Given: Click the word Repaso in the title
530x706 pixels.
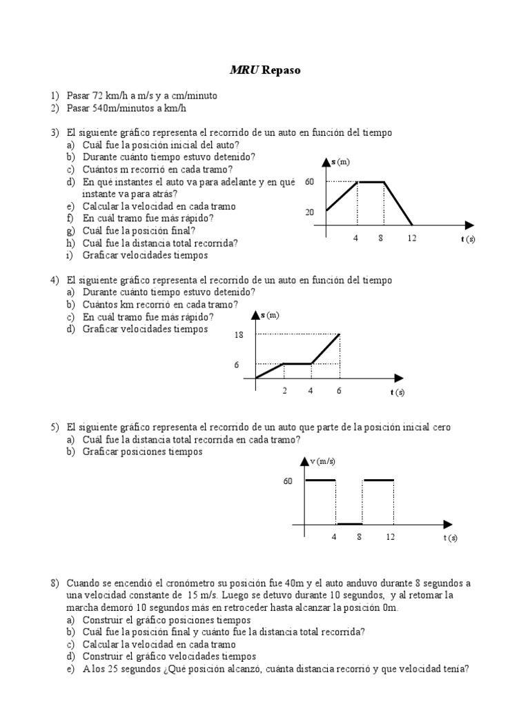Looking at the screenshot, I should [282, 70].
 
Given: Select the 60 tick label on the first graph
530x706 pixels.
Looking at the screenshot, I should [309, 182].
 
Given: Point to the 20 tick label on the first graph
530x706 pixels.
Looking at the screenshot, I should [309, 212].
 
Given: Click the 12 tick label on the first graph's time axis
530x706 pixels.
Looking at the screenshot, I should [412, 239].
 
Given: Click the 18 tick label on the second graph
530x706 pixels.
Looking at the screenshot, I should [239, 335].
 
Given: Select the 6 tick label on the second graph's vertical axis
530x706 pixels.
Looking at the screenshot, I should [237, 365].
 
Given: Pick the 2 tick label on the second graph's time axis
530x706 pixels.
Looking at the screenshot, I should [284, 392].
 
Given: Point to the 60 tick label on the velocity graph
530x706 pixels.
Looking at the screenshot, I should [288, 481].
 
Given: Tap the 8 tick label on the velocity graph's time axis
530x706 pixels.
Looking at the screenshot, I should [360, 537].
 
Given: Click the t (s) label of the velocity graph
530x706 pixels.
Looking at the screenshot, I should [450, 538].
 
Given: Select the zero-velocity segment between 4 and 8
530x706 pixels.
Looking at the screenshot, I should [350, 524].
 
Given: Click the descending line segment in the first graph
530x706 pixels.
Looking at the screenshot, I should [398, 203].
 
